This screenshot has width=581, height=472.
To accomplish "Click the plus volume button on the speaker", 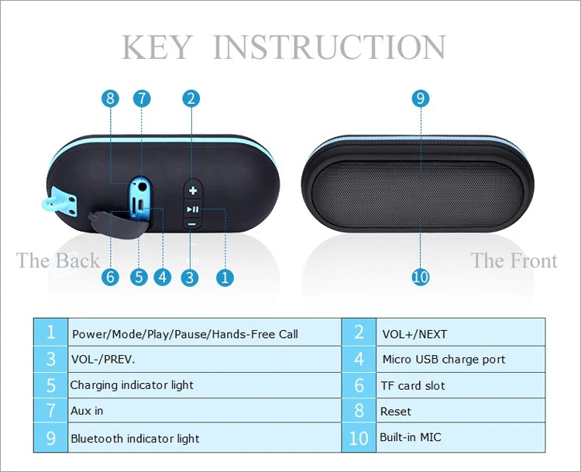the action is tap(193, 191).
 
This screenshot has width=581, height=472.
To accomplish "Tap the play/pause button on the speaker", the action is tap(193, 209).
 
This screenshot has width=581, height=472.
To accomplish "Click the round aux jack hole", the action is tap(141, 186).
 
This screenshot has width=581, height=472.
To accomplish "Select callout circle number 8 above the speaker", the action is tap(110, 98).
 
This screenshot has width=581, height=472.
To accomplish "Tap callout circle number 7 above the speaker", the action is tap(142, 98).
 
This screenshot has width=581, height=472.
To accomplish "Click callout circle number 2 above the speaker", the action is tap(191, 98).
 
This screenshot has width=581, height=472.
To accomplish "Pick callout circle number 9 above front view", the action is tap(421, 98).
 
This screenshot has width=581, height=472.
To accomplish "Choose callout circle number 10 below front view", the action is tap(421, 277).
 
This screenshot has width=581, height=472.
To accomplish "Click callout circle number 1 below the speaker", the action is tap(225, 277).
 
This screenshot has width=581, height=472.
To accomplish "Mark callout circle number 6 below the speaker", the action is tap(110, 277).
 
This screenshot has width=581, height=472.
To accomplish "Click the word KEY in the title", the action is tap(157, 47).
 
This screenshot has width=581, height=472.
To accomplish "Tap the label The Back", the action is tap(58, 260).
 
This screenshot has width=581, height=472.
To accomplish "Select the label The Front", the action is tap(514, 260).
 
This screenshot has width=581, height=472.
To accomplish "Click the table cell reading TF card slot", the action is tap(461, 385).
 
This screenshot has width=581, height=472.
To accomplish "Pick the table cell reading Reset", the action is tap(461, 411).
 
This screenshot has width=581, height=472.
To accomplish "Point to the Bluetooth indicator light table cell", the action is tap(205, 438).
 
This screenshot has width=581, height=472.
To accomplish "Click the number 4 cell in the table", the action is tap(359, 360).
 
